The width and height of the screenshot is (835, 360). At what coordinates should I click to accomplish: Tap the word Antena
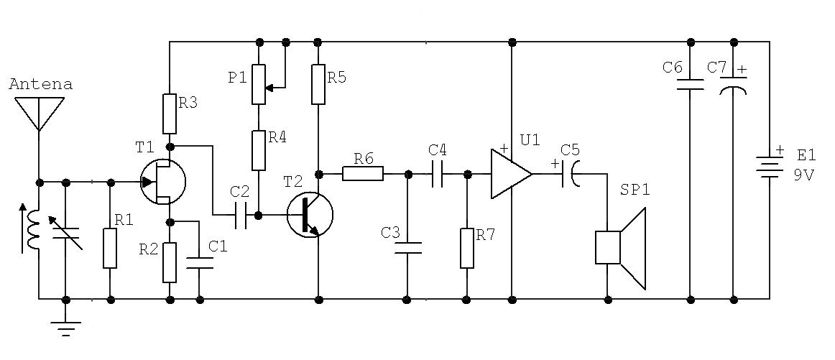click(x=41, y=84)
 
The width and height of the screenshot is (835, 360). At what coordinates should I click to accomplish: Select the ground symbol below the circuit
click(x=66, y=328)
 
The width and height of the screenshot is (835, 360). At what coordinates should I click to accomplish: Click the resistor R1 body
click(x=110, y=248)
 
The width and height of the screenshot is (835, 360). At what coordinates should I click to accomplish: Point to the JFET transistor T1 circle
click(x=164, y=182)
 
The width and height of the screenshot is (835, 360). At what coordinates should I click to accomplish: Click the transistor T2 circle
click(x=310, y=215)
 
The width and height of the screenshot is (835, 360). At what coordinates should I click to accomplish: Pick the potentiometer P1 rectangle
click(x=259, y=84)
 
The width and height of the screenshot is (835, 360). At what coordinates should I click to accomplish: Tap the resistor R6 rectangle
click(x=363, y=174)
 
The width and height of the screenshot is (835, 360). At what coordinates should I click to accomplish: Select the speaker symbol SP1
click(x=620, y=248)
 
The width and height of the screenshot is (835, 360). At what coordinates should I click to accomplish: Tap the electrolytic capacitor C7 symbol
click(x=733, y=86)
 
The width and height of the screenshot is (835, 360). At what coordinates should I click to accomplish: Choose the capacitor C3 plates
click(x=407, y=248)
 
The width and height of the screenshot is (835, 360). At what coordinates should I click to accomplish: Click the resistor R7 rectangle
click(x=467, y=248)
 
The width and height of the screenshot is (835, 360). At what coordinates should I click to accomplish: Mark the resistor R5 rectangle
click(x=318, y=84)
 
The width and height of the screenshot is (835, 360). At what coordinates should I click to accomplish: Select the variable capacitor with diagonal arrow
click(x=66, y=234)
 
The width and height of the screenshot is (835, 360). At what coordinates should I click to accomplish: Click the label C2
click(x=239, y=190)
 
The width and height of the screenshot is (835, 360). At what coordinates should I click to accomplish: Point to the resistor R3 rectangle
click(x=170, y=114)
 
